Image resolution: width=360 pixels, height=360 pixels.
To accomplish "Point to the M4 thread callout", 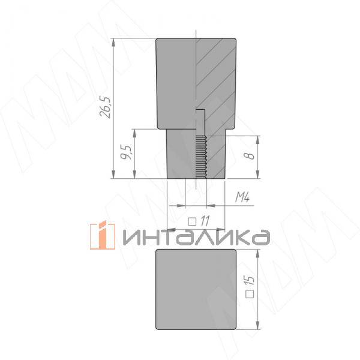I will point(240,197).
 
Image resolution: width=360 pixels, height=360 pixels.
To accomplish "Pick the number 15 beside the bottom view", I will point(250,280).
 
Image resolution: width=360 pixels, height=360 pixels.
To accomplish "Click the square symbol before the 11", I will point(192,220).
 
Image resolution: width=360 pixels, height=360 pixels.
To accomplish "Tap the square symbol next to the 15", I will point(250,294).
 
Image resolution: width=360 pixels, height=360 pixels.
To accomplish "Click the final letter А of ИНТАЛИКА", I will point(259,238).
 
